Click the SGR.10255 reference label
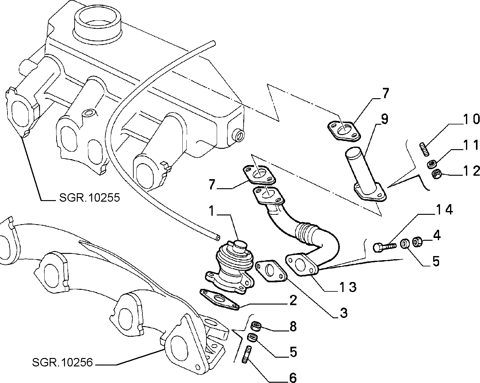coord(89,198)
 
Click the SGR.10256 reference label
coord(62,362)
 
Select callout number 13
coord(348,287)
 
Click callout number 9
coord(384,119)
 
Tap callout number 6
coord(293,377)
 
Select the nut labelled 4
coord(416,242)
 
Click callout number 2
coord(293,300)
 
